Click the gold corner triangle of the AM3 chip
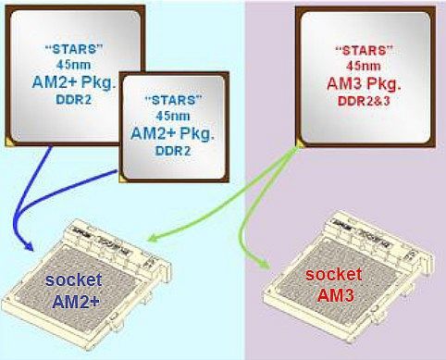coord(300,142)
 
